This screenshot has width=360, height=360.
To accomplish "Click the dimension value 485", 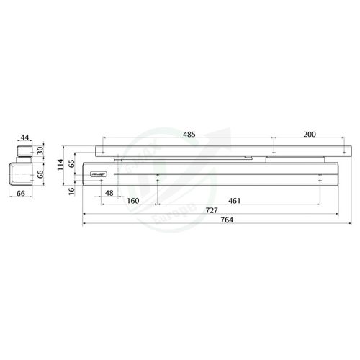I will tap(189, 135).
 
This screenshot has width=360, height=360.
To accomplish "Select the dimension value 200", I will tap(310, 135).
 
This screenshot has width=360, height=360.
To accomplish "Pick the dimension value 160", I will tap(133, 201).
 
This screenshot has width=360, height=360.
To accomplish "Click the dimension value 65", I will tap(71, 163).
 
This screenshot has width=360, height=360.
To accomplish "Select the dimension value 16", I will tap(71, 189).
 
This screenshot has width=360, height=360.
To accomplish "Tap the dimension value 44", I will tap(24, 137).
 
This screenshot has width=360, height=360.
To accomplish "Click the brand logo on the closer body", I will tap(98, 174).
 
